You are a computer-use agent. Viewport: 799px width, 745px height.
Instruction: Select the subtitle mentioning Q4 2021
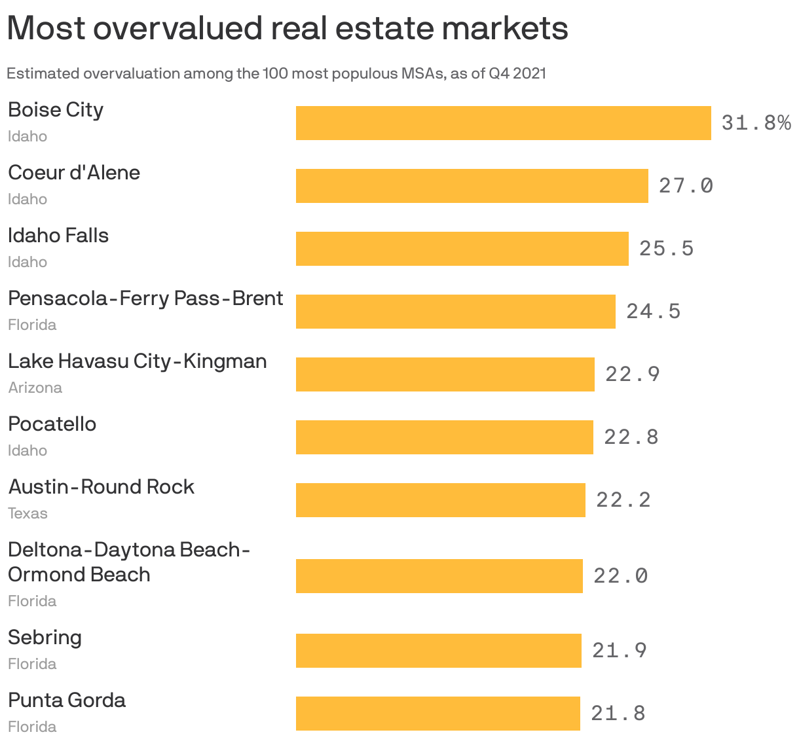[276, 73]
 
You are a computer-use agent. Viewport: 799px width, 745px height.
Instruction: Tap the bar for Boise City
[503, 123]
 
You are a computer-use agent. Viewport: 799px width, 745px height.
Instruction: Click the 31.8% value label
[756, 122]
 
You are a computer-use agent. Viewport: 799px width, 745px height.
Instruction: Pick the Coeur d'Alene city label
[74, 173]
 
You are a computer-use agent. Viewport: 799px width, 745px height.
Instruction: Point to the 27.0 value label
[686, 186]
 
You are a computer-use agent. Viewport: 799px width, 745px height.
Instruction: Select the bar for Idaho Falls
[462, 249]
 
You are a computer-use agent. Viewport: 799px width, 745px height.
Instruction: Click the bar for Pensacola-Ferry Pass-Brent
[455, 312]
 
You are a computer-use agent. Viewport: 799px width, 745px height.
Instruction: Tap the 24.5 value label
[653, 312]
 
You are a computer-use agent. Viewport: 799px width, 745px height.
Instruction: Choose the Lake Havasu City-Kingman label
[138, 361]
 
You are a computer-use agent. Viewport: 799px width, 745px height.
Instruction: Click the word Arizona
[35, 388]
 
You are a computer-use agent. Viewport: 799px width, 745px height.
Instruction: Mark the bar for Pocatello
[444, 437]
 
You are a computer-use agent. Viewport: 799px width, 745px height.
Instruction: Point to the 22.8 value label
[631, 437]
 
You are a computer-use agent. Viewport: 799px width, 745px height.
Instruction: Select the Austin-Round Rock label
[102, 487]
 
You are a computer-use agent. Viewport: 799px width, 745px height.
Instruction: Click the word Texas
[28, 513]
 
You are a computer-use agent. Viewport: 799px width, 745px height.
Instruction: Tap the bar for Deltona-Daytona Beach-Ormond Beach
[439, 576]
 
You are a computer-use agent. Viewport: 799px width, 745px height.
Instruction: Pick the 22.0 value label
[620, 576]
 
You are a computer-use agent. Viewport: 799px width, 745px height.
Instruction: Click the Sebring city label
[45, 638]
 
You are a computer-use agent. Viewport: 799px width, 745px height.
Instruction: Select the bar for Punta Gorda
[437, 714]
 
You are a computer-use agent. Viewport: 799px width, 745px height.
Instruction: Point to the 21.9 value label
[619, 651]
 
